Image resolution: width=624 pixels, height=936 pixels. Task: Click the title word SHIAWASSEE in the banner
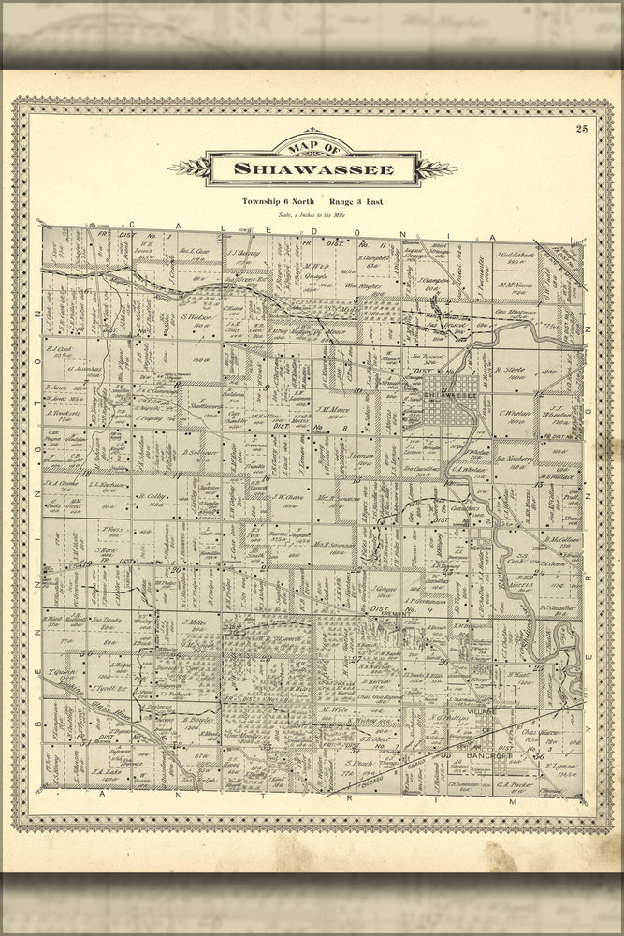point(312,169)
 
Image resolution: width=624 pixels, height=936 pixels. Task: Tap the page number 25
point(582,129)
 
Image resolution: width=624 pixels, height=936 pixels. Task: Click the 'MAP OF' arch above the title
point(312,148)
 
